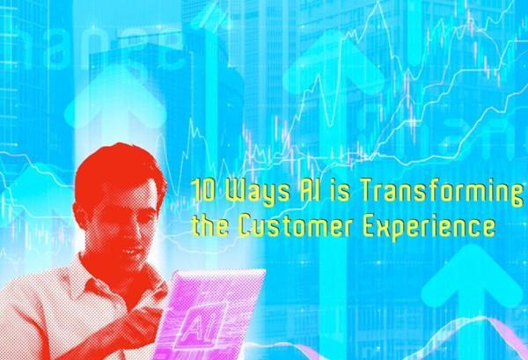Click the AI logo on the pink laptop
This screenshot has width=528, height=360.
(x=201, y=326)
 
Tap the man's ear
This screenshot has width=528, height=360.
(x=80, y=215)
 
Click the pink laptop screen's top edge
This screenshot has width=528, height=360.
(x=219, y=272)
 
